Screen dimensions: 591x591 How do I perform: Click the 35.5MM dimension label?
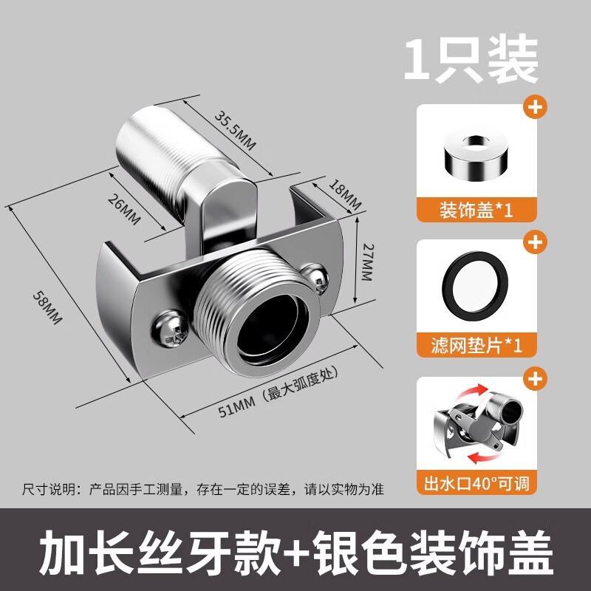[x=235, y=130]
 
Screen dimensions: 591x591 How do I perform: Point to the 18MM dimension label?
[x=345, y=194]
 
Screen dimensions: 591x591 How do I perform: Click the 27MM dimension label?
[x=367, y=262]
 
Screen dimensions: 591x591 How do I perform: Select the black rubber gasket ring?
[x=475, y=289]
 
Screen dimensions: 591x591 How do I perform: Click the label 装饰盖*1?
[x=475, y=209]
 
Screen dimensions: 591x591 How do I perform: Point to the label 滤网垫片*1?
[x=475, y=344]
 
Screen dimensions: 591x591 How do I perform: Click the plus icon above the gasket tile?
[x=534, y=242]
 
